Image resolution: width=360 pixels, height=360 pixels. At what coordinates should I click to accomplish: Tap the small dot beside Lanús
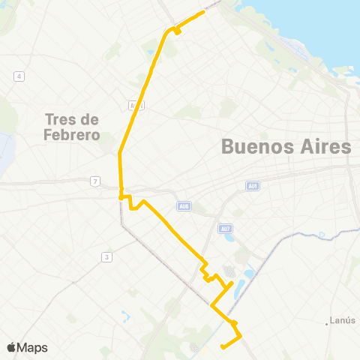[x=328, y=323]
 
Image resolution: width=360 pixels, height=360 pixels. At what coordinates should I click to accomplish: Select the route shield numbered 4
[x=19, y=76]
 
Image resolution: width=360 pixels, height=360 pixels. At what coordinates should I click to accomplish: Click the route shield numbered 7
[x=94, y=181]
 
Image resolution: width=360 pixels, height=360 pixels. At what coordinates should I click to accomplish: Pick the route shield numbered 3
[x=107, y=257]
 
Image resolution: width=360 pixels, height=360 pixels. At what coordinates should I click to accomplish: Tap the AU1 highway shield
[x=252, y=186]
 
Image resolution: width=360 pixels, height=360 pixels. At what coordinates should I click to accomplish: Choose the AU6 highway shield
[x=184, y=206]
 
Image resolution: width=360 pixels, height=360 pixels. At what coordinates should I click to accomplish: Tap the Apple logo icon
[x=11, y=347]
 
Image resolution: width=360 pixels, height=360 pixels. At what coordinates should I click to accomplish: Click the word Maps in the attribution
[x=33, y=347]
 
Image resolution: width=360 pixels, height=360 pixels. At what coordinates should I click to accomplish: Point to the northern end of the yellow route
[x=205, y=11]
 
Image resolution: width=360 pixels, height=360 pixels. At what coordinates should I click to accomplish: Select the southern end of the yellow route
[x=222, y=346]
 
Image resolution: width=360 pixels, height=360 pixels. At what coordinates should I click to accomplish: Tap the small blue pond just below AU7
[x=229, y=239]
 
